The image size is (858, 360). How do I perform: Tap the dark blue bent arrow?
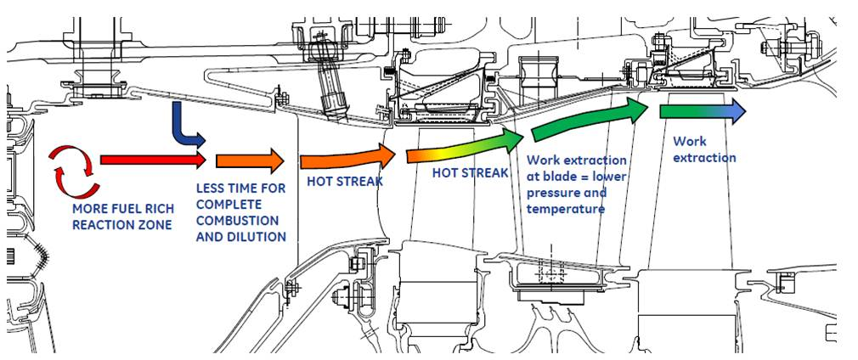(183, 123)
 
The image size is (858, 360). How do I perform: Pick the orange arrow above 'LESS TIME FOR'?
(249, 160)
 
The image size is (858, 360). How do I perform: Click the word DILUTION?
(256, 237)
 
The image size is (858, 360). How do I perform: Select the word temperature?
(566, 208)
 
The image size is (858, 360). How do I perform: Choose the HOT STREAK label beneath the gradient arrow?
(470, 172)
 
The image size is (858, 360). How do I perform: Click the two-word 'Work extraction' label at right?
(704, 149)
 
